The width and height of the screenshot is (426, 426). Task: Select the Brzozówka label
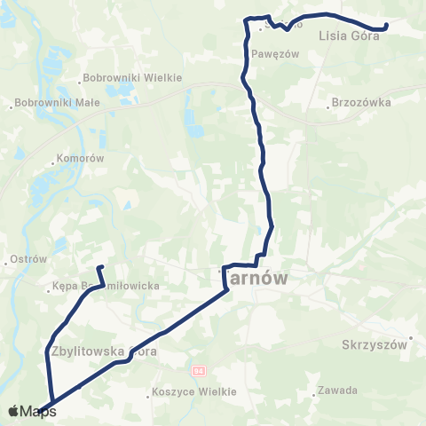[x=361, y=102]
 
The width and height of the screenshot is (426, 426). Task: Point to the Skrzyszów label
[x=373, y=343]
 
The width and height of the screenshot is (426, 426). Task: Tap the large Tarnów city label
[x=256, y=279]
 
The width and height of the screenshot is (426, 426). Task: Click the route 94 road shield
[x=198, y=369]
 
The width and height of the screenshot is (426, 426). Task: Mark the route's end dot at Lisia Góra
[x=386, y=27]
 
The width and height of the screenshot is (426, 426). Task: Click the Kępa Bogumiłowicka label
[x=106, y=286]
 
